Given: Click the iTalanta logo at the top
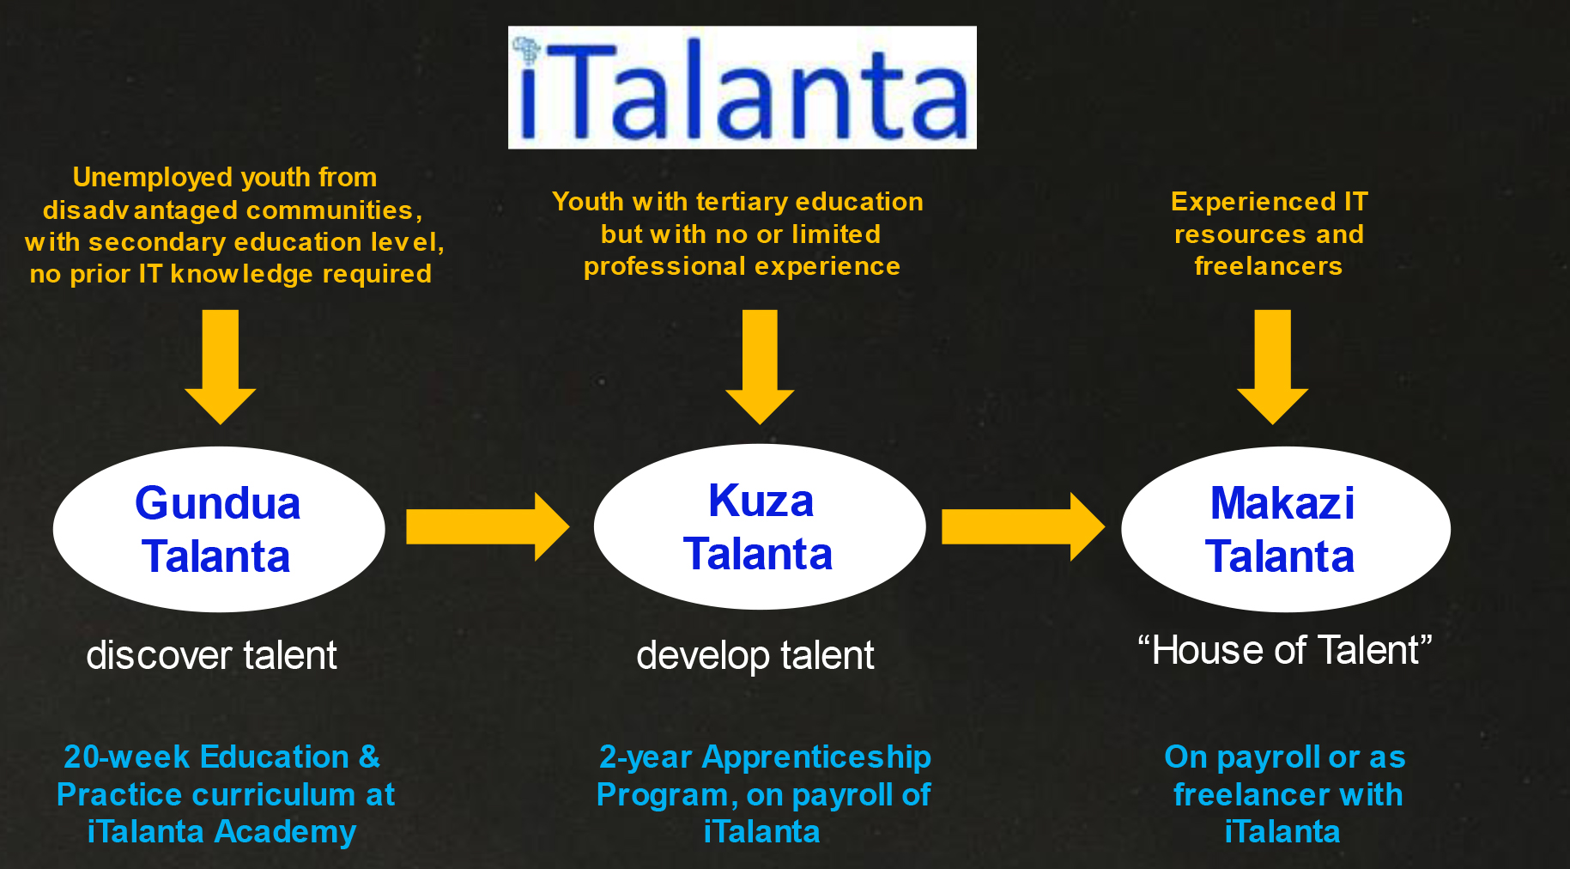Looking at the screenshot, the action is (743, 88).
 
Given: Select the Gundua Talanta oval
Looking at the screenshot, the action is (219, 529).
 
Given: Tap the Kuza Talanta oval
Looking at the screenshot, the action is (760, 526).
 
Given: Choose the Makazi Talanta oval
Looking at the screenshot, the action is (1286, 529).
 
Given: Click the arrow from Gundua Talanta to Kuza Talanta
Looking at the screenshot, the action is (488, 526).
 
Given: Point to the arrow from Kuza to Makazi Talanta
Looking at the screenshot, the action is (1023, 526).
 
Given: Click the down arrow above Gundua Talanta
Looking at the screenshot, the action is (221, 367).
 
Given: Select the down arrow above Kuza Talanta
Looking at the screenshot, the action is (760, 367).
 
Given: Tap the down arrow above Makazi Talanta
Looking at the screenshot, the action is (1272, 367).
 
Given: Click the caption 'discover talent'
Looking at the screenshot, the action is (211, 655).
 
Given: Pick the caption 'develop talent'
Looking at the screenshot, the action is (755, 655).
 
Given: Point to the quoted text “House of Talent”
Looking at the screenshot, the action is (1285, 650).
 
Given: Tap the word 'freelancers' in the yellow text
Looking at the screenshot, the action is (1269, 266).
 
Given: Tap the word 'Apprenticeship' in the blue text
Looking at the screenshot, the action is (816, 757).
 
